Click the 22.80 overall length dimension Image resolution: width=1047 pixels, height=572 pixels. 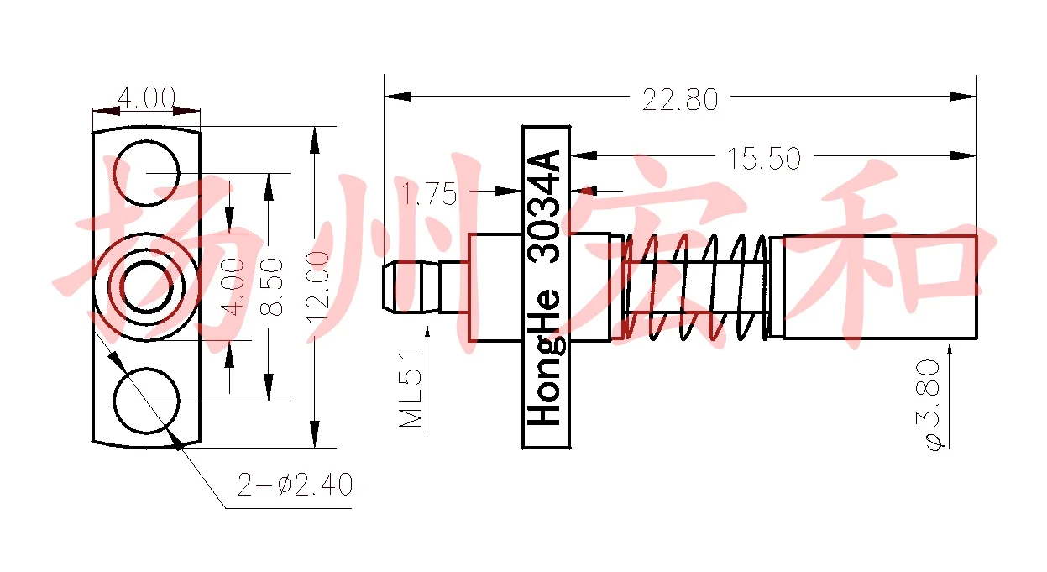[680, 100]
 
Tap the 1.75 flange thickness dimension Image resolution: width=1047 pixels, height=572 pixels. [430, 195]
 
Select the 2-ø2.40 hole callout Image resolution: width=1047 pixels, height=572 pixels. [295, 485]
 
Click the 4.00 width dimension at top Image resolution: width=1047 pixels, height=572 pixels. [146, 98]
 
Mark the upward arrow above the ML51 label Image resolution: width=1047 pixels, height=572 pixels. [428, 334]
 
